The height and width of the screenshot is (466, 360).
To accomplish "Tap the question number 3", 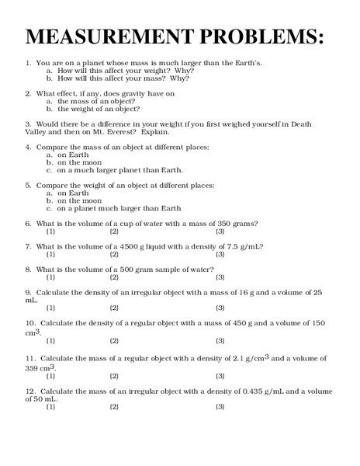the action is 28,123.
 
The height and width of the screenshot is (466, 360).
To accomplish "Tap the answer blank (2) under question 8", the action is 114,277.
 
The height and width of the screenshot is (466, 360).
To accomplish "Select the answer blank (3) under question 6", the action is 220,231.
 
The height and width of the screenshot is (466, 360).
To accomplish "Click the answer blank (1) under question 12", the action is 50,407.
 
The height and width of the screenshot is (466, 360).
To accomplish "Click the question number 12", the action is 30,391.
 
